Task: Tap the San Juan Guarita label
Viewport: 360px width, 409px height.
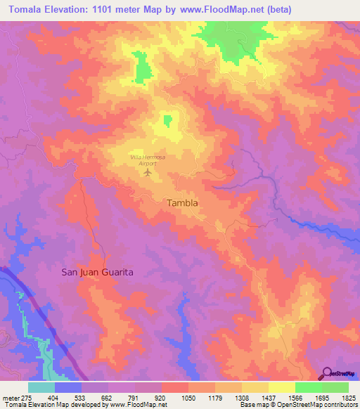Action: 98,271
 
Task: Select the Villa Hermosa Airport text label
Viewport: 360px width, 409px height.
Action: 148,159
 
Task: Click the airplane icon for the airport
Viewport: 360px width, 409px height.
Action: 148,171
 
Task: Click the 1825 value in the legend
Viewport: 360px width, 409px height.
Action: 349,397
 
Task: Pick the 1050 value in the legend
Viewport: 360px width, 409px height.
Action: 188,397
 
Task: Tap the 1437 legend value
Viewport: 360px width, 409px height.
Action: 269,397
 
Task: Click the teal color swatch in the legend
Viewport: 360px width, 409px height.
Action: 41,387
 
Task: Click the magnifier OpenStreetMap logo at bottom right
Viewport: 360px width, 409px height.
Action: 339,374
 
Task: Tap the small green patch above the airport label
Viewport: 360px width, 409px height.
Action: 167,121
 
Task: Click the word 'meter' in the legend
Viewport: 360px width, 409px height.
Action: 8,397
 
